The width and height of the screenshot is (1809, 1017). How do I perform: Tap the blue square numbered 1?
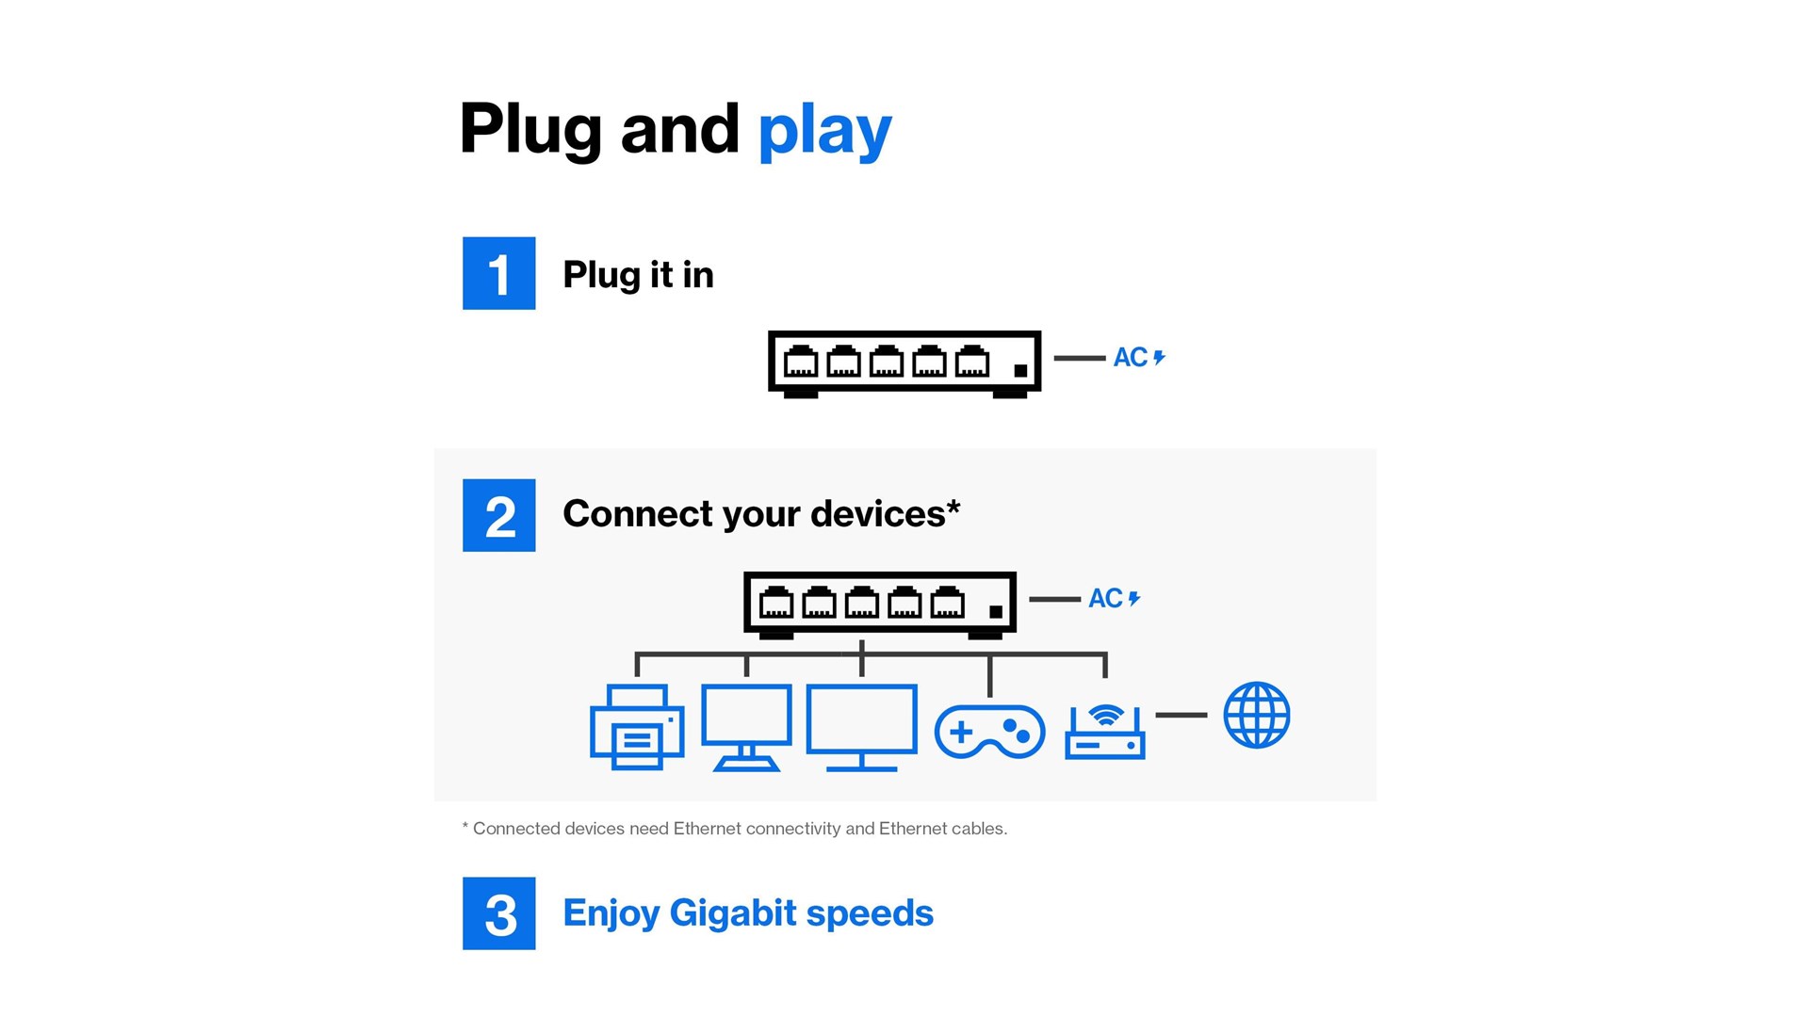(x=498, y=273)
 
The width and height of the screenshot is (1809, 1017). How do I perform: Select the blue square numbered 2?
(x=498, y=515)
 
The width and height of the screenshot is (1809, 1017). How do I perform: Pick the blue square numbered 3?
(x=498, y=913)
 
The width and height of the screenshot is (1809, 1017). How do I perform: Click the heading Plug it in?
(x=638, y=275)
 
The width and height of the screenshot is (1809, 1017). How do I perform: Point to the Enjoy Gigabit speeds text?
(x=747, y=913)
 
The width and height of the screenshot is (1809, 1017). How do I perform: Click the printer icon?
(x=637, y=727)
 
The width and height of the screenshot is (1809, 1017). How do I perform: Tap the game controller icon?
(x=989, y=731)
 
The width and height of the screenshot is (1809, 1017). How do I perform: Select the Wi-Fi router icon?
(x=1105, y=732)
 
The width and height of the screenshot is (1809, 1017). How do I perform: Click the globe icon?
(x=1257, y=715)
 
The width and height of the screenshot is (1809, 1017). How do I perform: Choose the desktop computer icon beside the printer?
(x=746, y=727)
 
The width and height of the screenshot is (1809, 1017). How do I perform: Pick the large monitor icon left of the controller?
(x=861, y=727)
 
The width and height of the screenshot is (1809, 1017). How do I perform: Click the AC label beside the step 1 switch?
(x=1131, y=358)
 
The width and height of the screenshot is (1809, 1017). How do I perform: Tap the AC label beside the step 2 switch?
(x=1105, y=599)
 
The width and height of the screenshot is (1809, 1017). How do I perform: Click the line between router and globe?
(x=1181, y=715)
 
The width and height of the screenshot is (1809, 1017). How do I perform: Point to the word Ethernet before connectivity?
(x=708, y=829)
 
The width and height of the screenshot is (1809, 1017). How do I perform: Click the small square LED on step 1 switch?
(x=1019, y=371)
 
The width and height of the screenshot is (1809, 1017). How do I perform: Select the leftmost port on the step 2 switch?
(x=776, y=603)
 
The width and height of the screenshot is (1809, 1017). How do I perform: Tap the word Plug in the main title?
(x=530, y=130)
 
